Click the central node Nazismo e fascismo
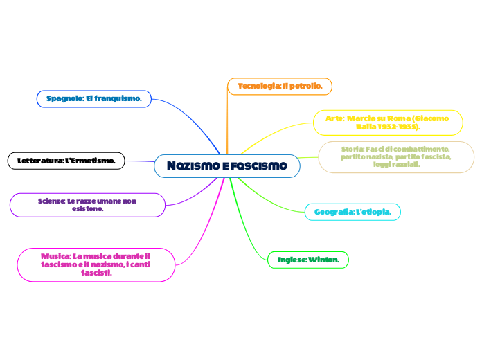[227, 166]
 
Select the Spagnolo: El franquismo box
[94, 99]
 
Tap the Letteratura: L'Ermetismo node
[66, 161]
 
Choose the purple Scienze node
[87, 204]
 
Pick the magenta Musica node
[96, 264]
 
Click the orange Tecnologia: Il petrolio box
[280, 86]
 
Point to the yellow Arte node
[388, 123]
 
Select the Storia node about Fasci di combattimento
[396, 156]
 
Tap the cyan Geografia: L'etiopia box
[352, 211]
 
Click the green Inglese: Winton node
[307, 260]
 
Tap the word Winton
[325, 260]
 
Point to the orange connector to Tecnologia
[227, 118]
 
